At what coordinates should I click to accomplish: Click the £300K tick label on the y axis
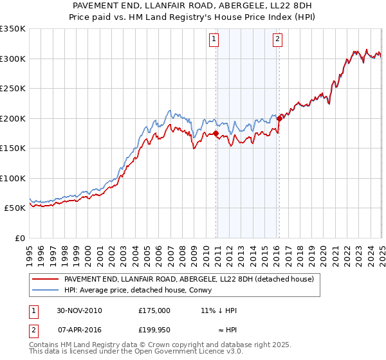tap(13, 59)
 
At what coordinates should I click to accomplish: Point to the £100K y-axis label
tap(13, 178)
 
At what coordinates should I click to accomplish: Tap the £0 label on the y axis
tap(19, 238)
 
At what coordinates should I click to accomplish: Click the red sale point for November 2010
tap(216, 134)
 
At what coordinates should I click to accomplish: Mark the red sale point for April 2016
tap(279, 118)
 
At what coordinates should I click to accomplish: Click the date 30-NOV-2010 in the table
tap(79, 310)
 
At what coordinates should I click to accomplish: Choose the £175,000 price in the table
tap(154, 310)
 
